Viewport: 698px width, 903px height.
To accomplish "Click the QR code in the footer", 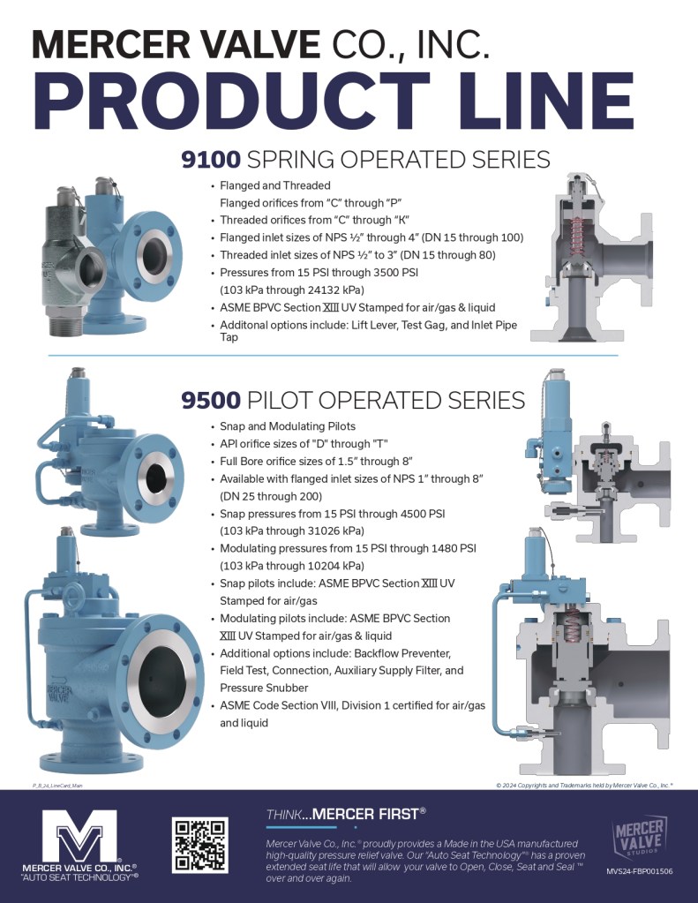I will [x=199, y=846].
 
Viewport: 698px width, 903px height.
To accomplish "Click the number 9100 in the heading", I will [x=210, y=160].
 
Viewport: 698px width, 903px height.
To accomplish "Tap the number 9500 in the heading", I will [x=211, y=401].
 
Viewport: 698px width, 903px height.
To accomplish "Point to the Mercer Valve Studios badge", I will [x=641, y=834].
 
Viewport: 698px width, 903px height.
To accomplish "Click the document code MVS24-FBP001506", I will [x=640, y=871].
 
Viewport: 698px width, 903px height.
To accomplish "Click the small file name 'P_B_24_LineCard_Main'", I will [x=57, y=784].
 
